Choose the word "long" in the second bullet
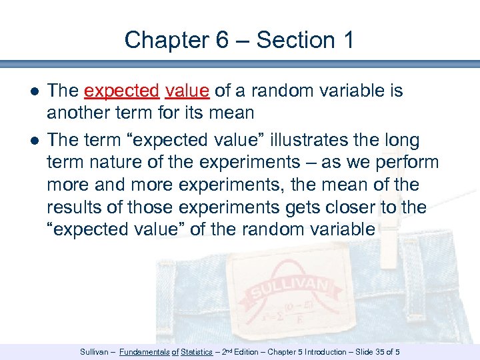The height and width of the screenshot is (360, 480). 419,141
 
